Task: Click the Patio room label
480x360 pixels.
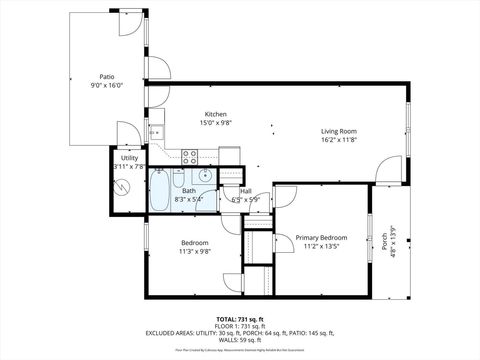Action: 106,76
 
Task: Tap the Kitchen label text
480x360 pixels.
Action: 217,114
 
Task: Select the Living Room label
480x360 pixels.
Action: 339,131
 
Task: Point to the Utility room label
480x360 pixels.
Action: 130,158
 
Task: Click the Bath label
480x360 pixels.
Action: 189,191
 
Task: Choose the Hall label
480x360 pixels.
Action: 245,191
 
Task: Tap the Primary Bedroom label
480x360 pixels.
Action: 320,237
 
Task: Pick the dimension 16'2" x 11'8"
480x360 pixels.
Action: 339,141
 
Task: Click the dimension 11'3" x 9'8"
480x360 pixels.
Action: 195,252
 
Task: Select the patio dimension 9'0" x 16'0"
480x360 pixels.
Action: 106,86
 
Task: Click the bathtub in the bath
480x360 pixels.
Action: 161,192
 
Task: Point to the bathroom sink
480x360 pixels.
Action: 205,175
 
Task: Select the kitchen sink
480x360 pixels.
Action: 156,132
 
